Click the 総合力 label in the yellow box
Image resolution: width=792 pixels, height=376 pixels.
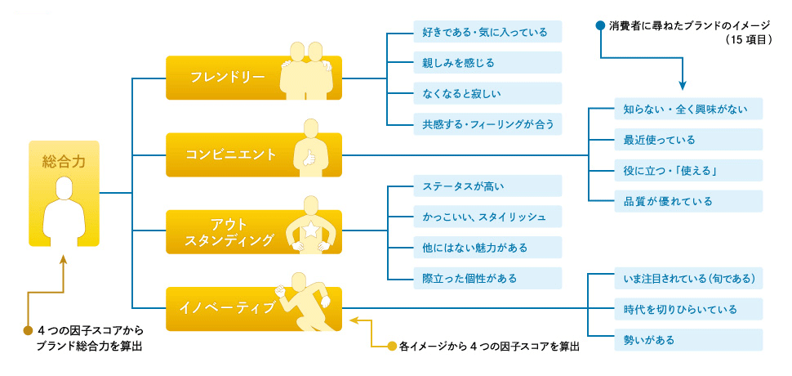pyautogui.click(x=64, y=161)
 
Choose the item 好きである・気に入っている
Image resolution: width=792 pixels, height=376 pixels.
pyautogui.click(x=485, y=32)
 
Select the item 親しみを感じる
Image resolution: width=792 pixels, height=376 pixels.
pyautogui.click(x=459, y=62)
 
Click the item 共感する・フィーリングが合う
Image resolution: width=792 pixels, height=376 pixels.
pyautogui.click(x=485, y=124)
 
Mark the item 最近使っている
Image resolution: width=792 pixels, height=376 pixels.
pyautogui.click(x=660, y=140)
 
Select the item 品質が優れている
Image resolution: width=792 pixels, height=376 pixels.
pyautogui.click(x=668, y=202)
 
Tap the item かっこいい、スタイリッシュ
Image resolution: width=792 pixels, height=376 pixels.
pyautogui.click(x=485, y=217)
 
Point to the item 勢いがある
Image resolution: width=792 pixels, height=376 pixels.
pyautogui.click(x=648, y=339)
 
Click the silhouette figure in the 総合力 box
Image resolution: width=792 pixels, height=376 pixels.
pyautogui.click(x=64, y=210)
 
